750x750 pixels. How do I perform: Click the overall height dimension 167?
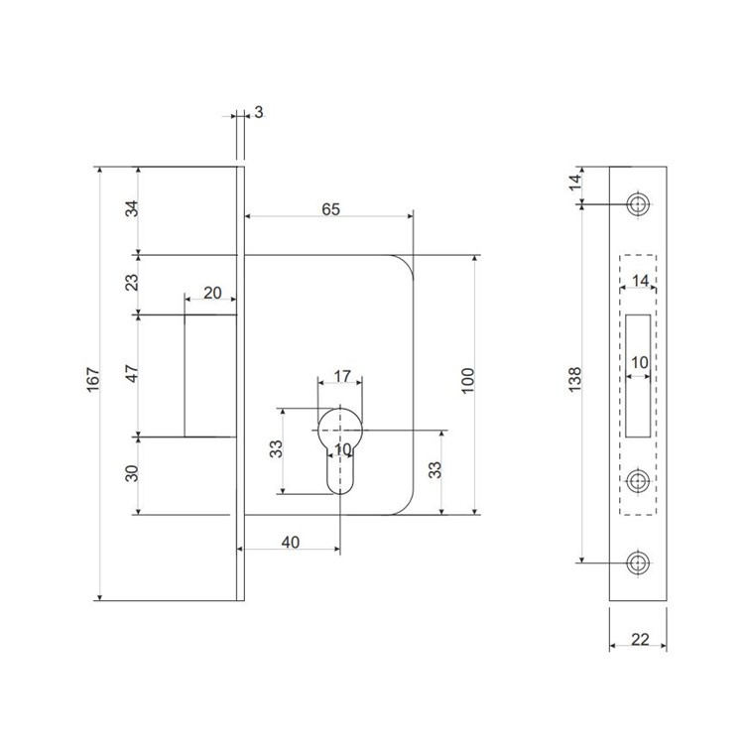tap(93, 380)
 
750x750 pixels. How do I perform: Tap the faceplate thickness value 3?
tap(259, 112)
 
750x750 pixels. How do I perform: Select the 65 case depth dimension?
tap(330, 209)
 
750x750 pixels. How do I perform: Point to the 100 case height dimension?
tap(467, 381)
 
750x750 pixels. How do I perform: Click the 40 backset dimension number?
tap(291, 542)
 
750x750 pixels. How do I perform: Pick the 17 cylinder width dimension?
tap(342, 376)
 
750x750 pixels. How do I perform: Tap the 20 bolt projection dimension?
tap(212, 293)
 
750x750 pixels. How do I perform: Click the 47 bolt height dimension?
tap(132, 373)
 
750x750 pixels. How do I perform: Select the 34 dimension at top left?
tap(132, 209)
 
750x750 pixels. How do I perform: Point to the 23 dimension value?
tap(132, 282)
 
